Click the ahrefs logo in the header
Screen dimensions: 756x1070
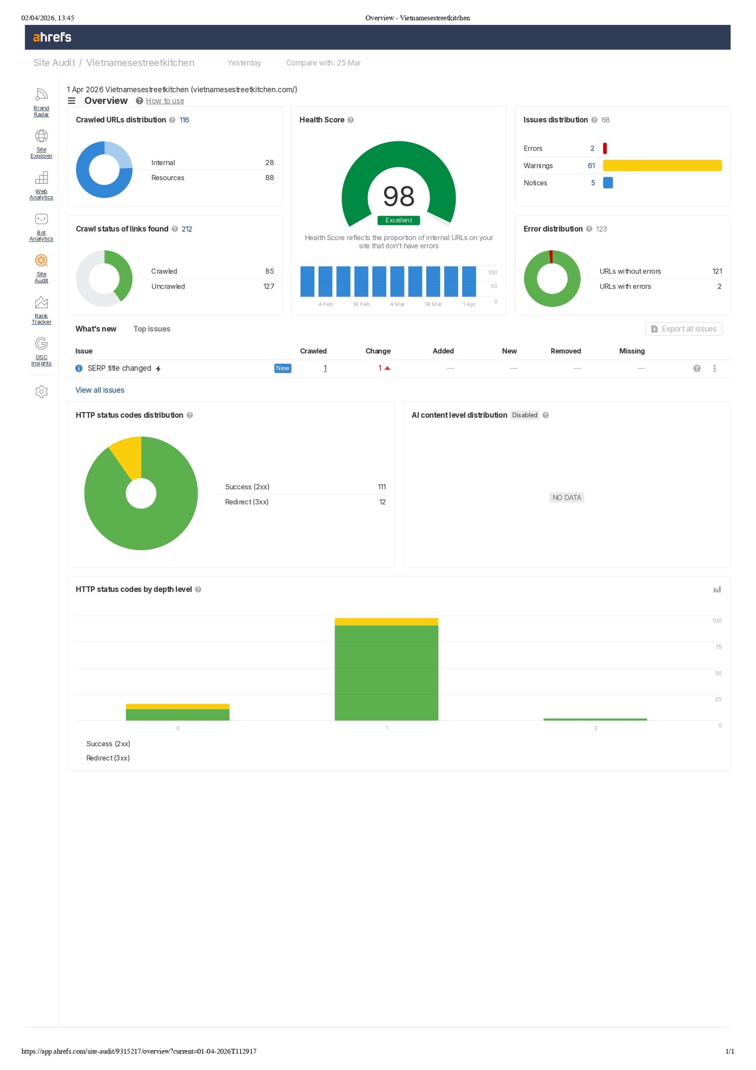point(52,37)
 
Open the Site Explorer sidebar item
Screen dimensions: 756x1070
point(42,144)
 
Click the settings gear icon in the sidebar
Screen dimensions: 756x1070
point(42,391)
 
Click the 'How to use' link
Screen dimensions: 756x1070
point(165,101)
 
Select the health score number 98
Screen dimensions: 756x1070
point(398,197)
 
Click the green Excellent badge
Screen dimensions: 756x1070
point(398,220)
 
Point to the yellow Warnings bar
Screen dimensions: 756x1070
point(662,165)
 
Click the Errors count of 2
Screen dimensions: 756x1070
point(592,148)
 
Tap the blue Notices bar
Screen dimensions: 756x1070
point(608,182)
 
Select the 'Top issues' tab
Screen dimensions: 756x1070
point(152,329)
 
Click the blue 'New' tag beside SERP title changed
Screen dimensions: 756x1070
point(283,368)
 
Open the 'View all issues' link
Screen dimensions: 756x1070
point(100,390)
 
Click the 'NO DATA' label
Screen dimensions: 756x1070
point(567,497)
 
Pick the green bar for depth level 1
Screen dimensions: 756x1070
point(386,673)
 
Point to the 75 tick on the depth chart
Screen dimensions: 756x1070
point(718,647)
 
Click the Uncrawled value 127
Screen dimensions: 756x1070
point(268,286)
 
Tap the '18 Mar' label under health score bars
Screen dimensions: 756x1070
point(433,304)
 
